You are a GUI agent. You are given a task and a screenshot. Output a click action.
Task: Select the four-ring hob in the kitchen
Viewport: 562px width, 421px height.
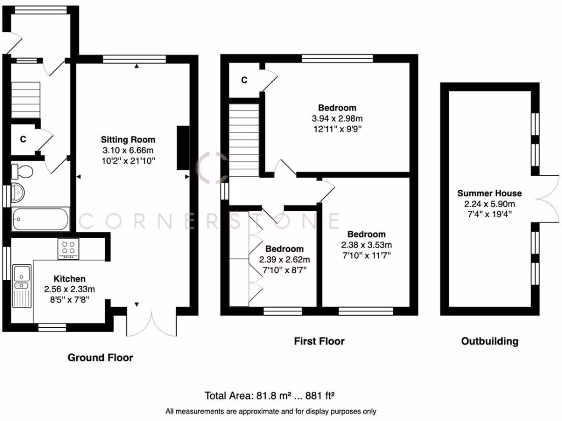69,249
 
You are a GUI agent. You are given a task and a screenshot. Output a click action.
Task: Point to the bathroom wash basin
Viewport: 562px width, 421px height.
16,194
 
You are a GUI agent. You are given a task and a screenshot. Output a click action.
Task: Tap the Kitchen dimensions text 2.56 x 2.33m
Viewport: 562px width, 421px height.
69,289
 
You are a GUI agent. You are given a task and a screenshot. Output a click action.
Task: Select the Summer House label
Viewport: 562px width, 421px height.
490,193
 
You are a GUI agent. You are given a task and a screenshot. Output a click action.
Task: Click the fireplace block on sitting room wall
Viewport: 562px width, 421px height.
183,147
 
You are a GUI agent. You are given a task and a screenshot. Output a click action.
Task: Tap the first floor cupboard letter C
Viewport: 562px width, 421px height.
244,80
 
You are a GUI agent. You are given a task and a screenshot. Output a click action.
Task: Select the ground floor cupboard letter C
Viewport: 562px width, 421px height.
23,139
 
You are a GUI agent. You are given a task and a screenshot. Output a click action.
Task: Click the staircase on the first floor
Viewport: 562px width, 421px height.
244,140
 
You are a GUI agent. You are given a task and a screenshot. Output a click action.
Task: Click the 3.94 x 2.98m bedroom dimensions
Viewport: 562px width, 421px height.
337,118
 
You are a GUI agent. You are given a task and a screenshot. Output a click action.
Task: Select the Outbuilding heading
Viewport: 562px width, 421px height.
489,342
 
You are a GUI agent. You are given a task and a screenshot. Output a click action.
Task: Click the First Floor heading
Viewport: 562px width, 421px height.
319,342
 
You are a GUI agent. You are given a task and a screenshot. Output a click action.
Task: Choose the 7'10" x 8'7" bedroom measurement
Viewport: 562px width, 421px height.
284,270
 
